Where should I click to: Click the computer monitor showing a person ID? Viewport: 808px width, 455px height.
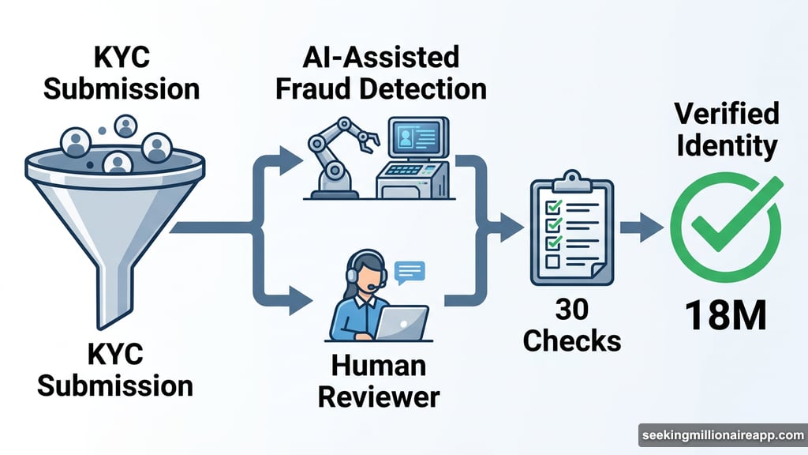click(417, 141)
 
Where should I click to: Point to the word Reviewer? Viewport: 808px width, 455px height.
click(378, 395)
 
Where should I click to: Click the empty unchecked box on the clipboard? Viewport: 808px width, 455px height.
click(552, 261)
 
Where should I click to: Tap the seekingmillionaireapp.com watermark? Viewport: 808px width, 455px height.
click(721, 435)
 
